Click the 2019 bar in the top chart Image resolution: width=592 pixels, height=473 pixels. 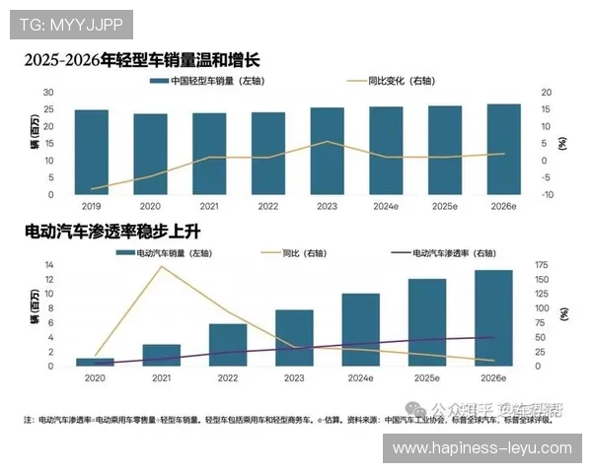pos(91,152)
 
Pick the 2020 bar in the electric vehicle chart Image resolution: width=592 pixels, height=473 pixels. pos(95,362)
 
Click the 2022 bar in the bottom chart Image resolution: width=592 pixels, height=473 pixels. pos(228,345)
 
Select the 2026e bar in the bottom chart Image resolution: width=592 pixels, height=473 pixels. pos(493,317)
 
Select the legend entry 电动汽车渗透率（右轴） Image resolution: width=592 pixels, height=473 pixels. pos(454,253)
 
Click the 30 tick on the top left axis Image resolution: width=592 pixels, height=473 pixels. pos(48,92)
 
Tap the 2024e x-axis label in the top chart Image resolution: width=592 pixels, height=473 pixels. pos(385,207)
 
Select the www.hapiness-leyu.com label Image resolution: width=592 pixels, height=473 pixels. pos(481,447)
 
